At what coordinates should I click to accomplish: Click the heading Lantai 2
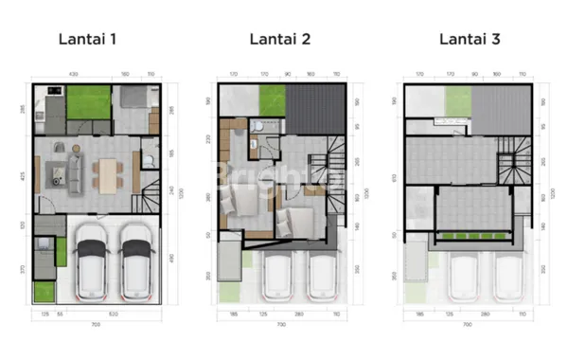pos(281,40)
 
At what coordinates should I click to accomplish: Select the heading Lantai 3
pos(470,40)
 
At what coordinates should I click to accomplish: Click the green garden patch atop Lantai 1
pos(87,98)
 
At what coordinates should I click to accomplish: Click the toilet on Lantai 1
pos(149,160)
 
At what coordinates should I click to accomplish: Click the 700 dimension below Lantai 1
pos(97,324)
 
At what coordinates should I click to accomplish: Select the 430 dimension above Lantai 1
pos(73,73)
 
